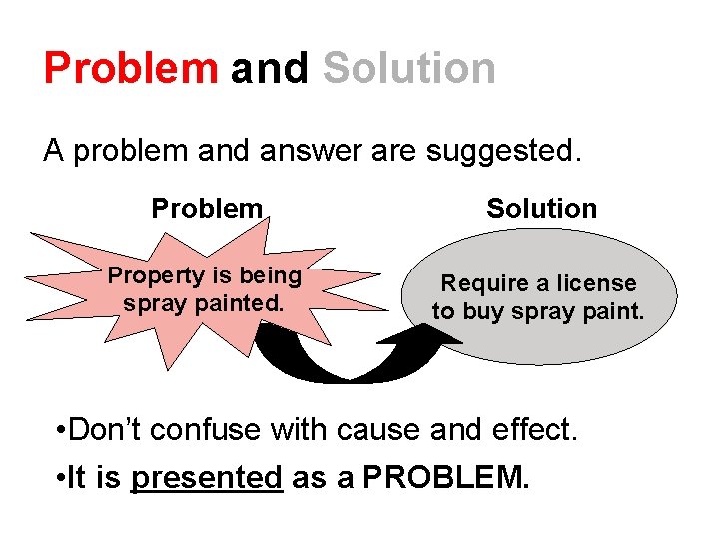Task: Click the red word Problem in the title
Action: [x=130, y=68]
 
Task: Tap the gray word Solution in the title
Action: [x=408, y=68]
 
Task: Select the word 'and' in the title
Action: [x=270, y=68]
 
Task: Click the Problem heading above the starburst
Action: [x=207, y=209]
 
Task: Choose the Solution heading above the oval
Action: [x=541, y=209]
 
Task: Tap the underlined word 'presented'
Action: [x=207, y=478]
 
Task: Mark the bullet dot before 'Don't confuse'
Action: [x=62, y=431]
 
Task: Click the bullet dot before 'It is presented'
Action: [x=62, y=479]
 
